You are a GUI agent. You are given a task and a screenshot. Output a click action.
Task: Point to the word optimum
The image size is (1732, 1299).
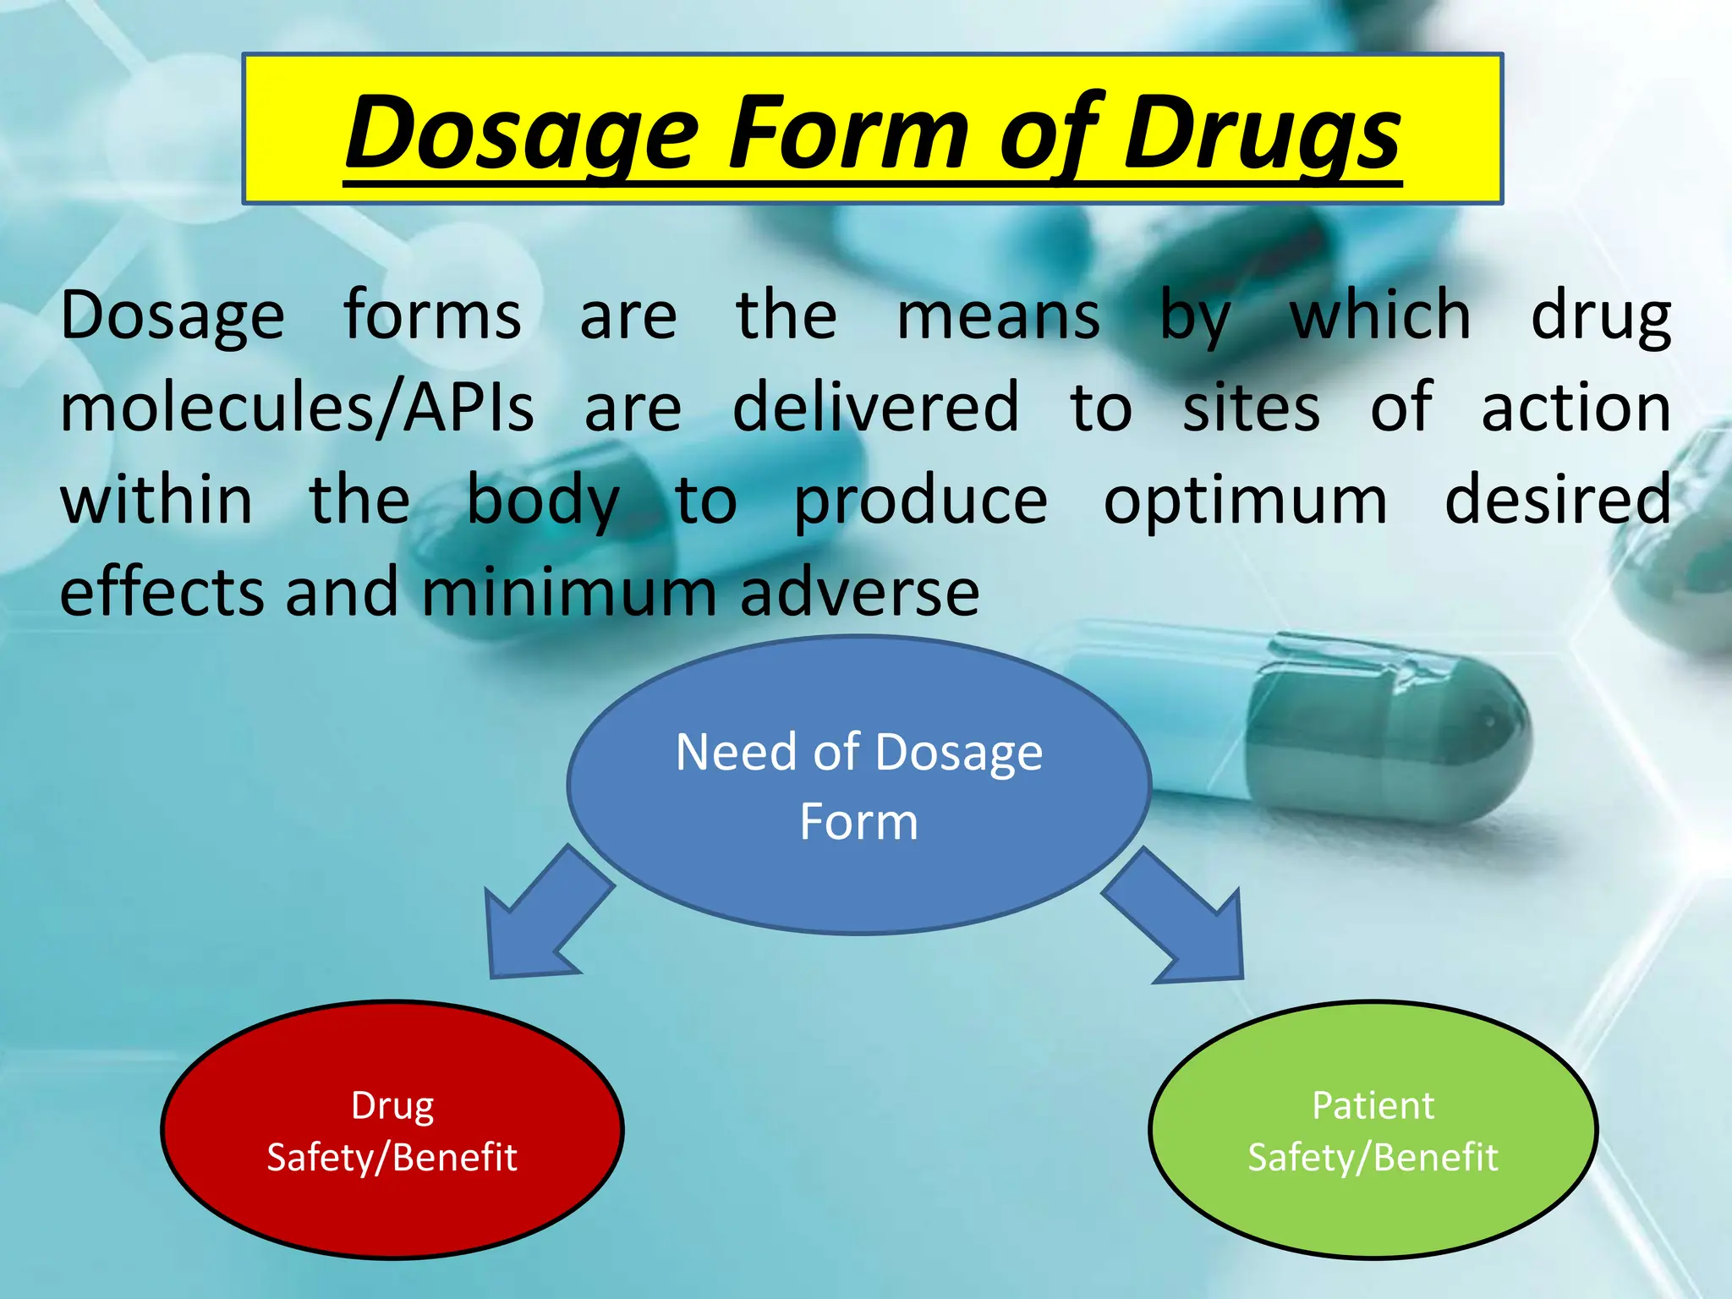point(1245,501)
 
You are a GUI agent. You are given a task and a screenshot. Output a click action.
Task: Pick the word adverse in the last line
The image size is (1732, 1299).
point(859,593)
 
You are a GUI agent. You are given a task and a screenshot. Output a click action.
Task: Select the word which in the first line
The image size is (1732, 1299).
point(1380,315)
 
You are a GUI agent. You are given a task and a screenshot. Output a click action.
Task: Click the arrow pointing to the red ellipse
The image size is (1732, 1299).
point(541,922)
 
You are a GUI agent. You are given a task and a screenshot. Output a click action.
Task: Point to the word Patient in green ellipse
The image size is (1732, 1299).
point(1372,1106)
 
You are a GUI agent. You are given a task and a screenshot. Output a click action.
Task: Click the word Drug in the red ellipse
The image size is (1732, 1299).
point(392,1106)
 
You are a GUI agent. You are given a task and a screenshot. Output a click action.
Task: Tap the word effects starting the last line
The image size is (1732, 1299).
point(161,593)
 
